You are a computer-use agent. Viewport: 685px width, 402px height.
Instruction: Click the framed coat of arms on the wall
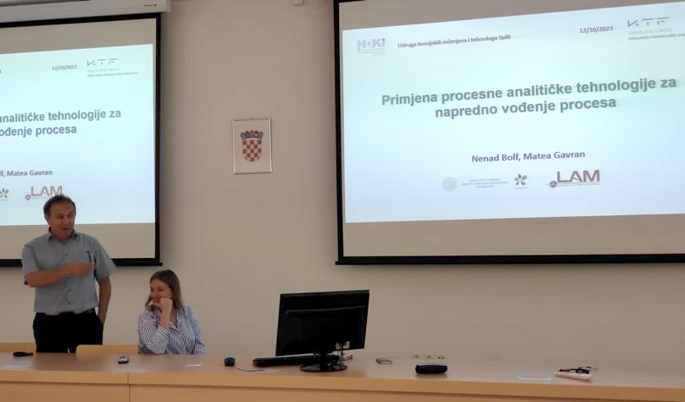click(252, 146)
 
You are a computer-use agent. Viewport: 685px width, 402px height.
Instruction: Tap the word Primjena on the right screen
click(410, 99)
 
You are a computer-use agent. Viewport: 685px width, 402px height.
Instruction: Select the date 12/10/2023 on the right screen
click(596, 29)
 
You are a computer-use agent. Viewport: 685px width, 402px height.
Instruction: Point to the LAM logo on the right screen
click(576, 178)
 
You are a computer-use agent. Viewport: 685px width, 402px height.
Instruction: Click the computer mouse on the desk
click(229, 361)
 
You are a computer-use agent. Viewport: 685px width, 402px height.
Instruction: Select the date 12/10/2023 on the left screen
click(64, 66)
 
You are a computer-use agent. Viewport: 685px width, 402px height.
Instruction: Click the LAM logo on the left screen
click(44, 192)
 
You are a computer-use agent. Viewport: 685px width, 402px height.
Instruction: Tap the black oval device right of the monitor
click(431, 368)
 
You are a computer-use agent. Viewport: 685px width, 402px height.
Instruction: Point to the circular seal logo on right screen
click(449, 184)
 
